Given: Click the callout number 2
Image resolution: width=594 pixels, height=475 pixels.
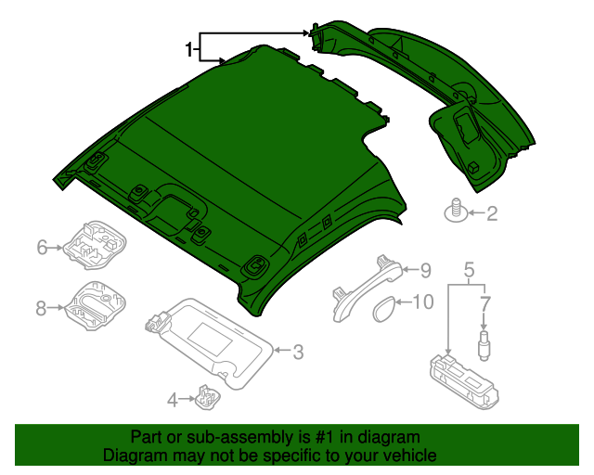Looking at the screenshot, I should pos(492,214).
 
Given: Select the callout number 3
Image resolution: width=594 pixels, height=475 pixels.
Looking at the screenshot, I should pos(298,352).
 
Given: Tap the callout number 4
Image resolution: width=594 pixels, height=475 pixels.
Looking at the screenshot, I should pos(172,400).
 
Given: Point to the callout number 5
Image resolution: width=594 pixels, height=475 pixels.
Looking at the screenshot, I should pos(469,270).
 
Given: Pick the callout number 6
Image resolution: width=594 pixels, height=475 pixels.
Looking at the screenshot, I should pos(42,247).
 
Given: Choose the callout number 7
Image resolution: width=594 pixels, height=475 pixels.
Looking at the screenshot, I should pos(484,302).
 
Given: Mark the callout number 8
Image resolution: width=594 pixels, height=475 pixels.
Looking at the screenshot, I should pos(42,308).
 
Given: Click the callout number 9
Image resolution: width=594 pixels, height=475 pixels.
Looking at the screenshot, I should pos(426,270).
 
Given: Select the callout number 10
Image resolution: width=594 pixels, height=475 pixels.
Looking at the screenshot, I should pos(422,302).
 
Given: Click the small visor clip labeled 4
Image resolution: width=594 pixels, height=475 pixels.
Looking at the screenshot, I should pos(206,398).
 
